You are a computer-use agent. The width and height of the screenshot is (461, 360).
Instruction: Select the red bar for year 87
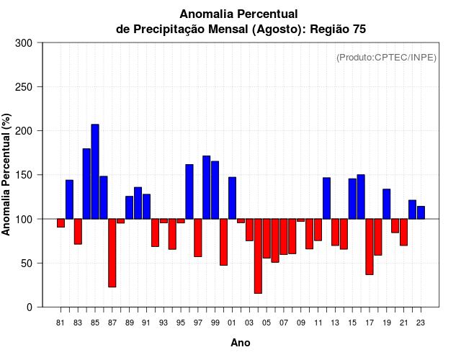pyautogui.click(x=112, y=253)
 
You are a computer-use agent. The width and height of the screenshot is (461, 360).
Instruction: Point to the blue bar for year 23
pyautogui.click(x=421, y=212)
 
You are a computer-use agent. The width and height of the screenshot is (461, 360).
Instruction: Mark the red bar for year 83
pyautogui.click(x=78, y=231)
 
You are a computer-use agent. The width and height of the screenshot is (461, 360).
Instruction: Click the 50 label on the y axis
pyautogui.click(x=29, y=264)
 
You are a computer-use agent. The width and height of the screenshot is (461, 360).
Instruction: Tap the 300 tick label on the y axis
pyautogui.click(x=24, y=43)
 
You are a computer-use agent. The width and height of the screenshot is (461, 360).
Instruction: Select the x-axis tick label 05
pyautogui.click(x=267, y=323)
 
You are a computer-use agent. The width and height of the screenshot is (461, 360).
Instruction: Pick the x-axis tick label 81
pyautogui.click(x=61, y=323)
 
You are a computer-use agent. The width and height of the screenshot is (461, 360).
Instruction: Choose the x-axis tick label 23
pyautogui.click(x=421, y=323)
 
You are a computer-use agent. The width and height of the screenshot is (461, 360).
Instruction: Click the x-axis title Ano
pyautogui.click(x=241, y=343)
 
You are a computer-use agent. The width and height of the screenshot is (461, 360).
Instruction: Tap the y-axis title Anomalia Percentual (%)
pyautogui.click(x=7, y=174)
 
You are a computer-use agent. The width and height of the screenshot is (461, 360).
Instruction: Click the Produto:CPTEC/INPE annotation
pyautogui.click(x=386, y=57)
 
